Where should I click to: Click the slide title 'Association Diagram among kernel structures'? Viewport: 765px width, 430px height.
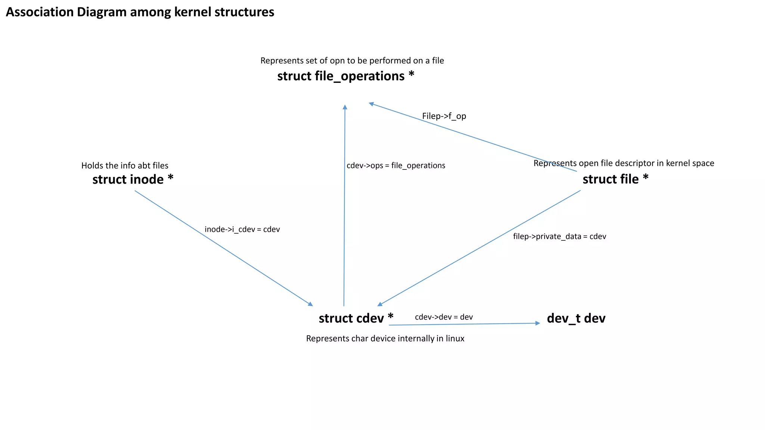(x=140, y=12)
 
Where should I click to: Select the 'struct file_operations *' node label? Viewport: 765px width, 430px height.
(x=346, y=76)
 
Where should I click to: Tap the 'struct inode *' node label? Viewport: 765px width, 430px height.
(x=133, y=180)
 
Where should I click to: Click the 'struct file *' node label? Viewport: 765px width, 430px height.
(x=615, y=179)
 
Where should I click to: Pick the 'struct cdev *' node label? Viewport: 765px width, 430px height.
(x=356, y=318)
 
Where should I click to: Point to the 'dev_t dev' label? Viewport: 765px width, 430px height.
(x=576, y=318)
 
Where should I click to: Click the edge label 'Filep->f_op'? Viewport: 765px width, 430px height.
(x=444, y=116)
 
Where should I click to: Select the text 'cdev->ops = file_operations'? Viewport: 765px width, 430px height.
(x=396, y=165)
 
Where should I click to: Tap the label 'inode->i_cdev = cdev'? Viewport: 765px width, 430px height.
(x=242, y=229)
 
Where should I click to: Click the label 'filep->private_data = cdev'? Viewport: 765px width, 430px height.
(x=559, y=236)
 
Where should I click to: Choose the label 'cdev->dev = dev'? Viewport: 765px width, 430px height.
(x=444, y=317)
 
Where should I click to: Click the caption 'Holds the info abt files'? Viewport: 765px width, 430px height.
(x=125, y=165)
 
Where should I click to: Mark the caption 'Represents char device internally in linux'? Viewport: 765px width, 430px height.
(x=385, y=339)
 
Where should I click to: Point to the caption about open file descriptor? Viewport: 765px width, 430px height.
(x=623, y=163)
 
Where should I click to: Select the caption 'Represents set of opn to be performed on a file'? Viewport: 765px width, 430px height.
(x=352, y=60)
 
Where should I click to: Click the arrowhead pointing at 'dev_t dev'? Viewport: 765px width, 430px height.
(x=538, y=323)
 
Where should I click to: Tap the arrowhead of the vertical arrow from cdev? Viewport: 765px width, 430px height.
(x=345, y=107)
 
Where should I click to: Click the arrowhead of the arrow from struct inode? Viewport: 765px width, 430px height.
(x=310, y=304)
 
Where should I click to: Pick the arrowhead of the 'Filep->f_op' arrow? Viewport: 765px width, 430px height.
(x=371, y=104)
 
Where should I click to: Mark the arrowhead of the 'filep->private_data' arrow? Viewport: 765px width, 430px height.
(x=380, y=304)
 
